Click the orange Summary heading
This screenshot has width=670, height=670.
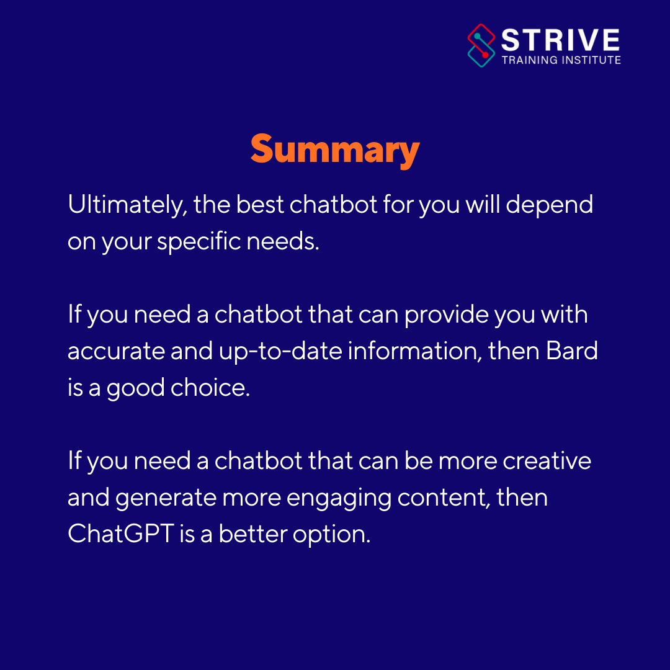pos(335,151)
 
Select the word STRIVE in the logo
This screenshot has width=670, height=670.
pos(560,40)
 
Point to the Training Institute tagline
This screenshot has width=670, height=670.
pos(560,60)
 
